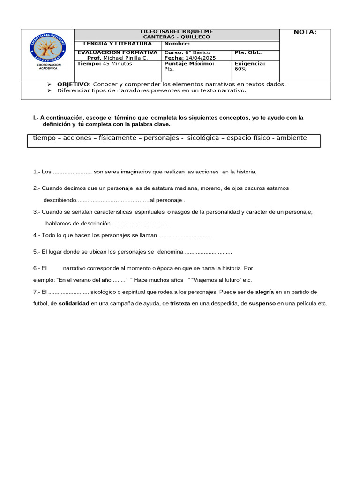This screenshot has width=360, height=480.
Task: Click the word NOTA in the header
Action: click(x=305, y=32)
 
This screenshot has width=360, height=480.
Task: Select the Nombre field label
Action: click(x=177, y=44)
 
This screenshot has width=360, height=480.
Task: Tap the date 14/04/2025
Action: click(x=201, y=58)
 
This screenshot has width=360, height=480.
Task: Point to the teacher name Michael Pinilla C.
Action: click(x=125, y=58)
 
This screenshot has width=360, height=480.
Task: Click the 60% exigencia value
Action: click(x=240, y=69)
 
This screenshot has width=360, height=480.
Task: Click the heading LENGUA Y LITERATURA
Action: click(x=118, y=44)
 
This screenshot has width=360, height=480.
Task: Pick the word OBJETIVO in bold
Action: click(x=74, y=84)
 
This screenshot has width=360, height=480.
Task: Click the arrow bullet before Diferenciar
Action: click(x=49, y=91)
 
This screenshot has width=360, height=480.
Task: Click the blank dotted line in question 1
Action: click(x=73, y=172)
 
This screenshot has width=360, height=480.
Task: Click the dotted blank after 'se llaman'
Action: click(x=184, y=235)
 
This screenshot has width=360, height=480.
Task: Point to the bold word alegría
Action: click(x=264, y=292)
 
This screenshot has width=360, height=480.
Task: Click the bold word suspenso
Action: click(x=262, y=304)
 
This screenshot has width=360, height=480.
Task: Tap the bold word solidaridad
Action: click(x=74, y=304)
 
